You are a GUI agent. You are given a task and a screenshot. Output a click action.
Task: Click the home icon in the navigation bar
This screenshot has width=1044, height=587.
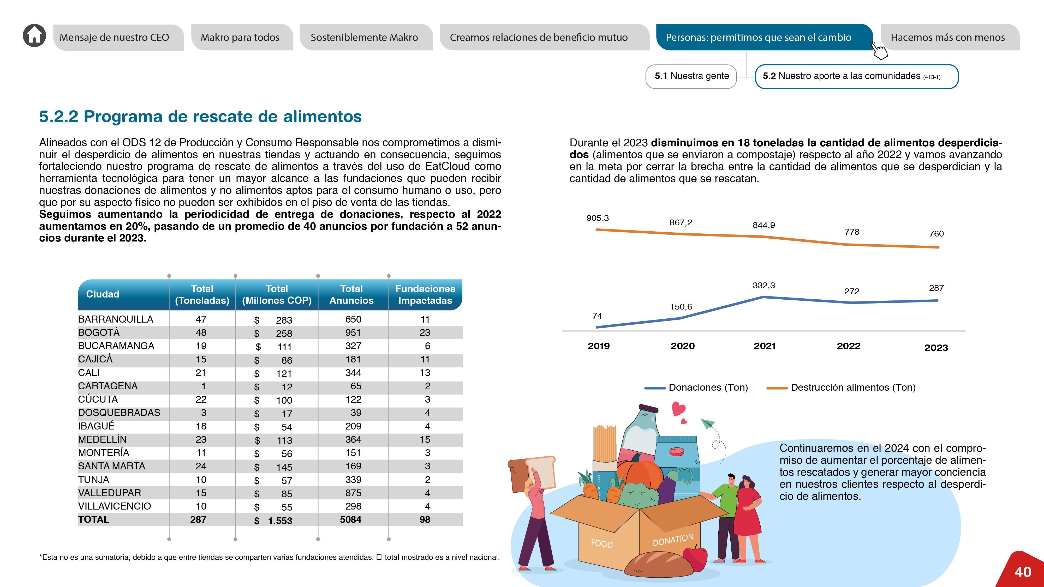pyautogui.click(x=34, y=36)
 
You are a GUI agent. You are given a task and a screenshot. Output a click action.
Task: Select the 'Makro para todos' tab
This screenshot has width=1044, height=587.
pyautogui.click(x=240, y=37)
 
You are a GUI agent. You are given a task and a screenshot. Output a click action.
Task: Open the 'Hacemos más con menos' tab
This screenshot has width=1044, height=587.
pyautogui.click(x=947, y=37)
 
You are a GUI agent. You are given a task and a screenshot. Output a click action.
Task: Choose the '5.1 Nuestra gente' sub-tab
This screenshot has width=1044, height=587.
pyautogui.click(x=691, y=76)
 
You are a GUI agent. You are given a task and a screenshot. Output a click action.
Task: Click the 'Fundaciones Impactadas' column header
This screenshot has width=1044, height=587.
pyautogui.click(x=425, y=294)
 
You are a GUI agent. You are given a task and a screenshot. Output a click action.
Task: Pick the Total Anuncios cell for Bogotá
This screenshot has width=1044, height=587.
pyautogui.click(x=353, y=332)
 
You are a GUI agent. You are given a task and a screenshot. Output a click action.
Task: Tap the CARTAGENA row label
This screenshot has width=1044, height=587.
pyautogui.click(x=108, y=386)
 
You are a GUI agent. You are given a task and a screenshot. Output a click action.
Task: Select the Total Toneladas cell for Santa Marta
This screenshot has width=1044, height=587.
pyautogui.click(x=201, y=466)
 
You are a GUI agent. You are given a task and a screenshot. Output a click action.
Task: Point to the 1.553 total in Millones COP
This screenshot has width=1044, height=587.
pyautogui.click(x=280, y=521)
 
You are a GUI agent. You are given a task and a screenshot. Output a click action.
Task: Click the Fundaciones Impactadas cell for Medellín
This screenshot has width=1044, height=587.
pyautogui.click(x=425, y=440)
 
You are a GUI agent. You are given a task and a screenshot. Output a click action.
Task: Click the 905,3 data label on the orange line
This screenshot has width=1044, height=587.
pyautogui.click(x=597, y=218)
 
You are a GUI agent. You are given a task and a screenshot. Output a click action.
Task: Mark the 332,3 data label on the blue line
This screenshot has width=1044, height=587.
pyautogui.click(x=763, y=286)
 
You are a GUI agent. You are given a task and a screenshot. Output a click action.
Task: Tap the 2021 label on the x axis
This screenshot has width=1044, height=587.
pyautogui.click(x=764, y=346)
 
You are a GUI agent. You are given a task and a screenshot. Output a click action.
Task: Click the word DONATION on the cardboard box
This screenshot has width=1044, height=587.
pyautogui.click(x=673, y=540)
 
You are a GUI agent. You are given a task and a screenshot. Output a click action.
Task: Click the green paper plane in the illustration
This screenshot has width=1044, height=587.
pyautogui.click(x=708, y=424)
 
